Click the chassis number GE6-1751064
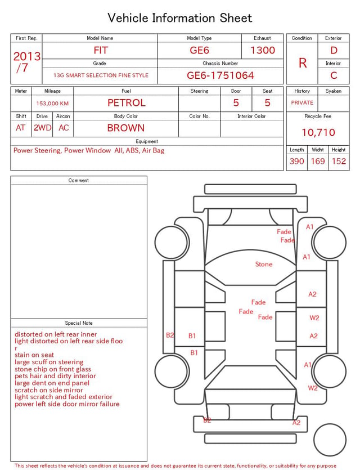click(220, 75)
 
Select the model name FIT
click(101, 50)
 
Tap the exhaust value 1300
click(263, 50)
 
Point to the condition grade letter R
click(303, 63)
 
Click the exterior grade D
click(334, 50)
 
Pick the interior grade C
click(334, 75)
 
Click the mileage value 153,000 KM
click(52, 104)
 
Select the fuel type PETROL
click(127, 103)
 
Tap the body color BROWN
click(126, 128)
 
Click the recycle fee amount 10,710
click(318, 132)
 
